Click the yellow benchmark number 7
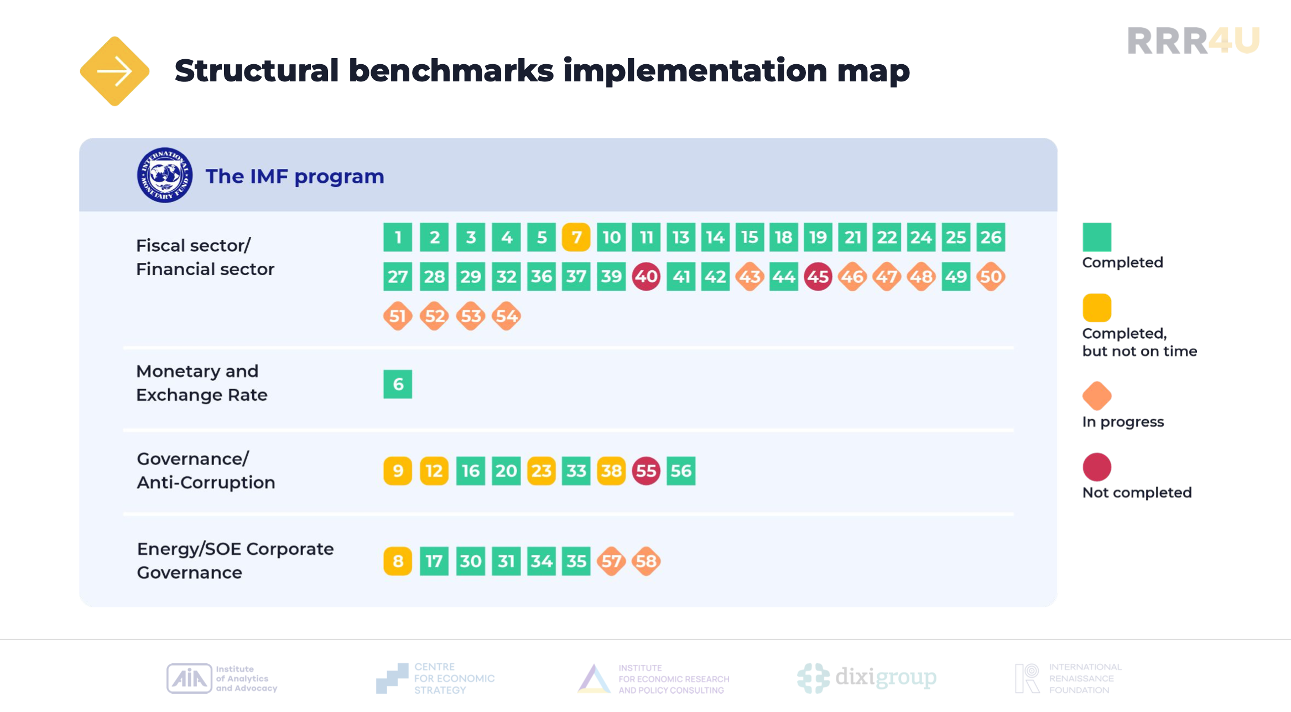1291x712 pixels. click(x=576, y=238)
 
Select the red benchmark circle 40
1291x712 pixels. click(x=646, y=276)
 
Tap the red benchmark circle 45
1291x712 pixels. click(x=818, y=276)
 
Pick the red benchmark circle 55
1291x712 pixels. click(x=646, y=471)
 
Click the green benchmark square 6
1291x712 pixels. click(x=398, y=384)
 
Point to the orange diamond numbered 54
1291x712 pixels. click(x=507, y=316)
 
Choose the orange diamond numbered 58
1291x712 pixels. click(x=646, y=561)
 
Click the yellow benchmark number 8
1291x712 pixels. click(x=398, y=561)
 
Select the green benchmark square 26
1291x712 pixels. click(x=991, y=238)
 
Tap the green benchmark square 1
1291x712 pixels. click(x=398, y=238)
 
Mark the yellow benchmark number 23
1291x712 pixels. click(x=542, y=471)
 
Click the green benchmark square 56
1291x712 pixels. click(x=681, y=471)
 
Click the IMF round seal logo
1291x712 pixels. click(x=165, y=175)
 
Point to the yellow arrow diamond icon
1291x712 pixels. click(x=114, y=71)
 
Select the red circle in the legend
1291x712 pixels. click(x=1097, y=467)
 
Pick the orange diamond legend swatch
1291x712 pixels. click(x=1097, y=396)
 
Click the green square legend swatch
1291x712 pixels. click(x=1097, y=237)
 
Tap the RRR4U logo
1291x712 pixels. click(x=1194, y=41)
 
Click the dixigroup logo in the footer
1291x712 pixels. click(x=867, y=678)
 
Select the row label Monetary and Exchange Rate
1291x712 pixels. click(x=202, y=383)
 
